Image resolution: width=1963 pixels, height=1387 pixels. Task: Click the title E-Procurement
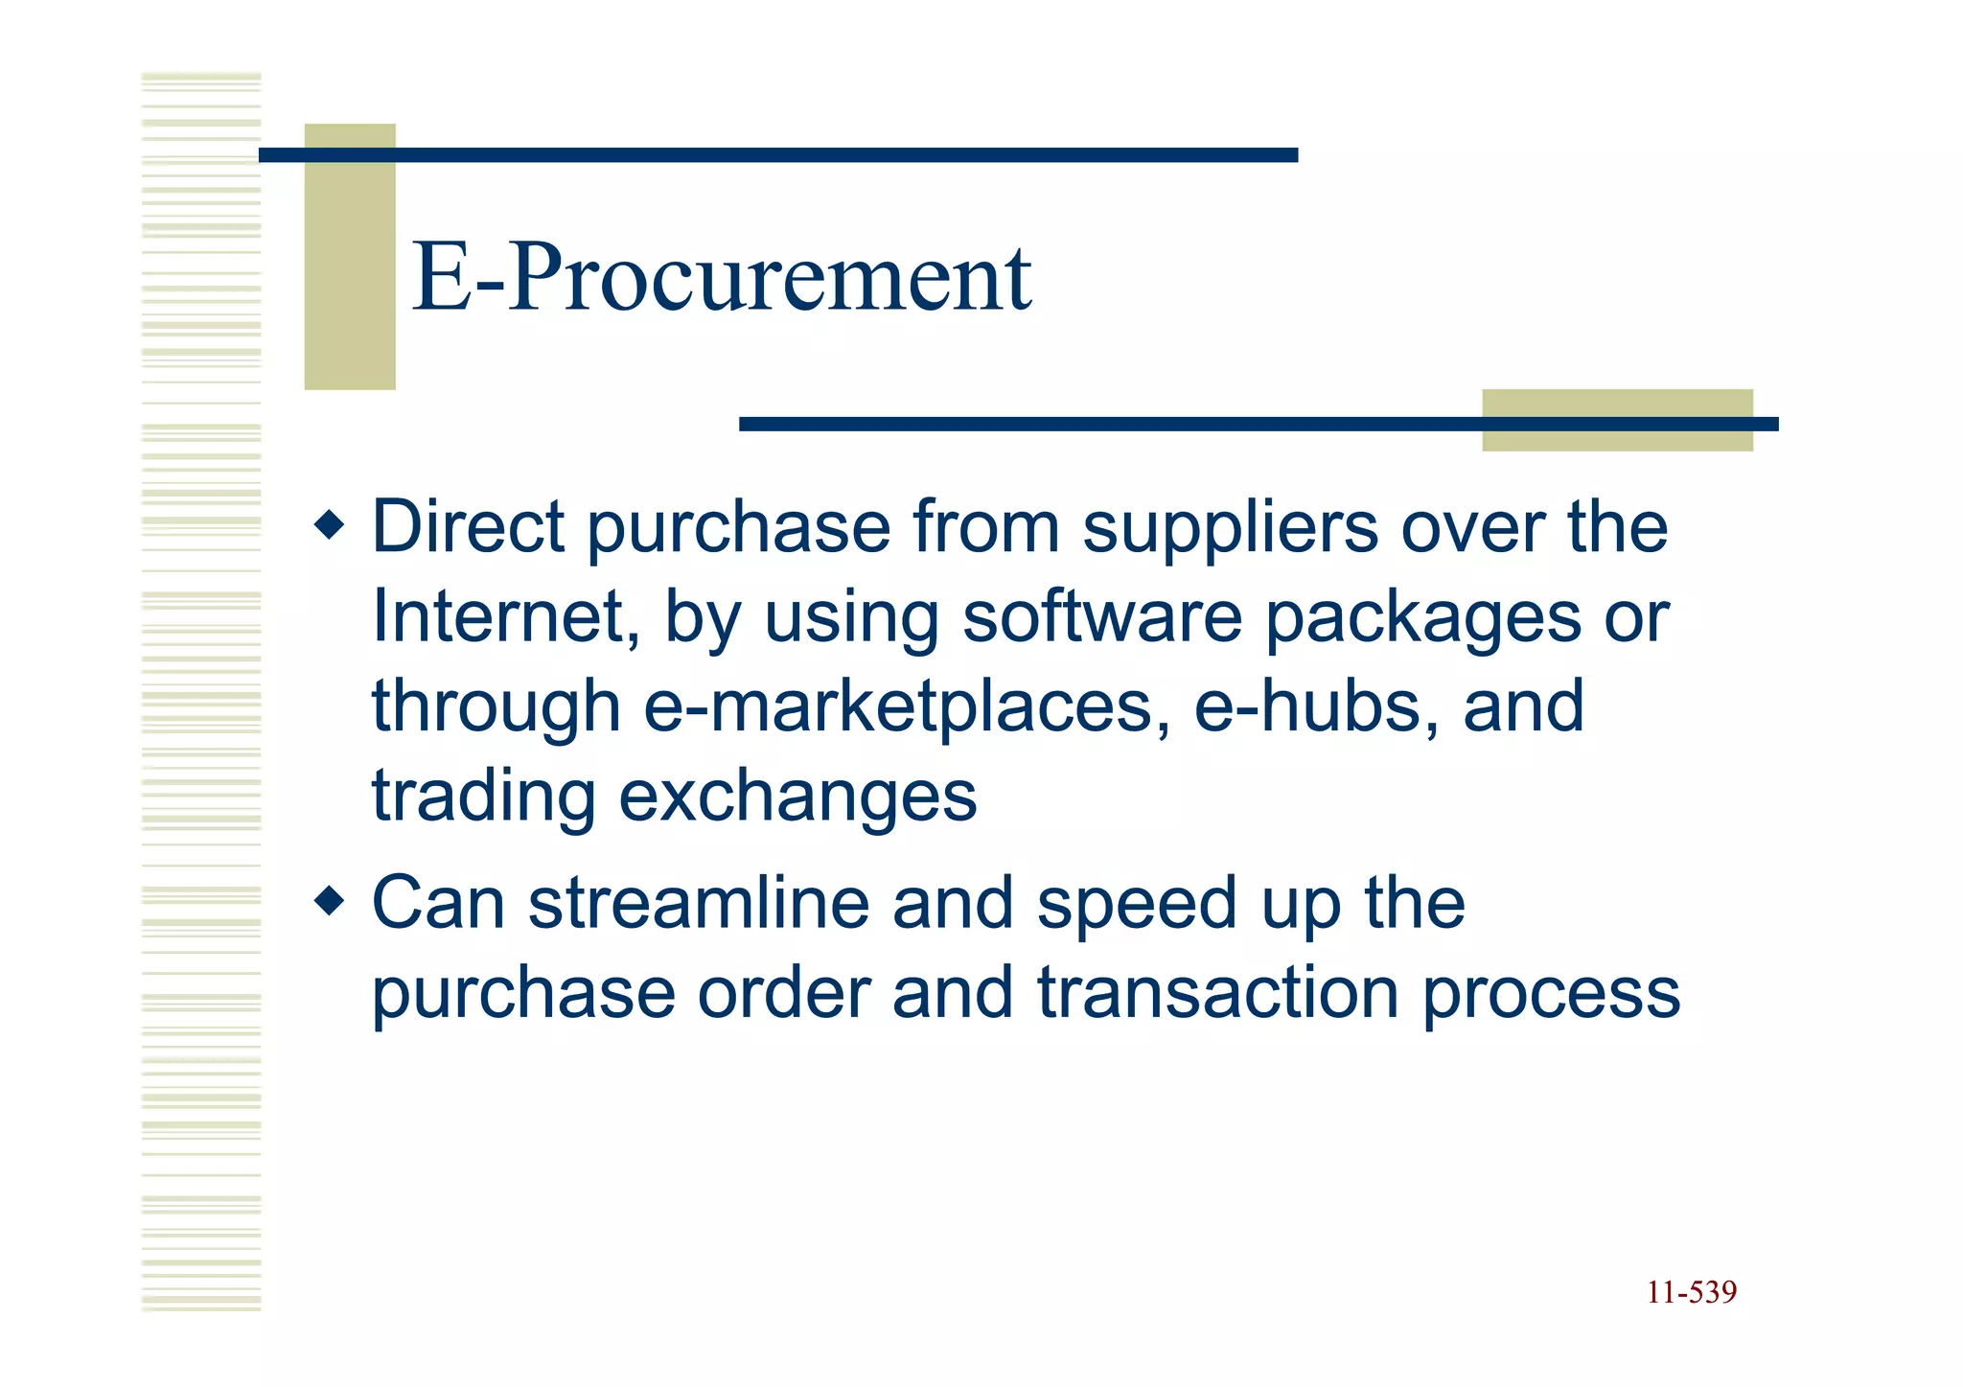(721, 278)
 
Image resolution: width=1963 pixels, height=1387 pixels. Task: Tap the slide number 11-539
(1691, 1293)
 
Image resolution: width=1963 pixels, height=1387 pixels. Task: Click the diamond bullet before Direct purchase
(329, 525)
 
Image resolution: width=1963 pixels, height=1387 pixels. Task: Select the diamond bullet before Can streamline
(329, 901)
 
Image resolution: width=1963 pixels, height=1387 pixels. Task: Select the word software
(1101, 616)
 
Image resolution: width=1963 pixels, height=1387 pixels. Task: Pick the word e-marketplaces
(907, 707)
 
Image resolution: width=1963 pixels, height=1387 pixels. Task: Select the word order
(783, 993)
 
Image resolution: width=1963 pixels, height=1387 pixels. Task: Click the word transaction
(1217, 993)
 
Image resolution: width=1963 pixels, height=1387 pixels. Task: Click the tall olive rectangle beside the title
(350, 256)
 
